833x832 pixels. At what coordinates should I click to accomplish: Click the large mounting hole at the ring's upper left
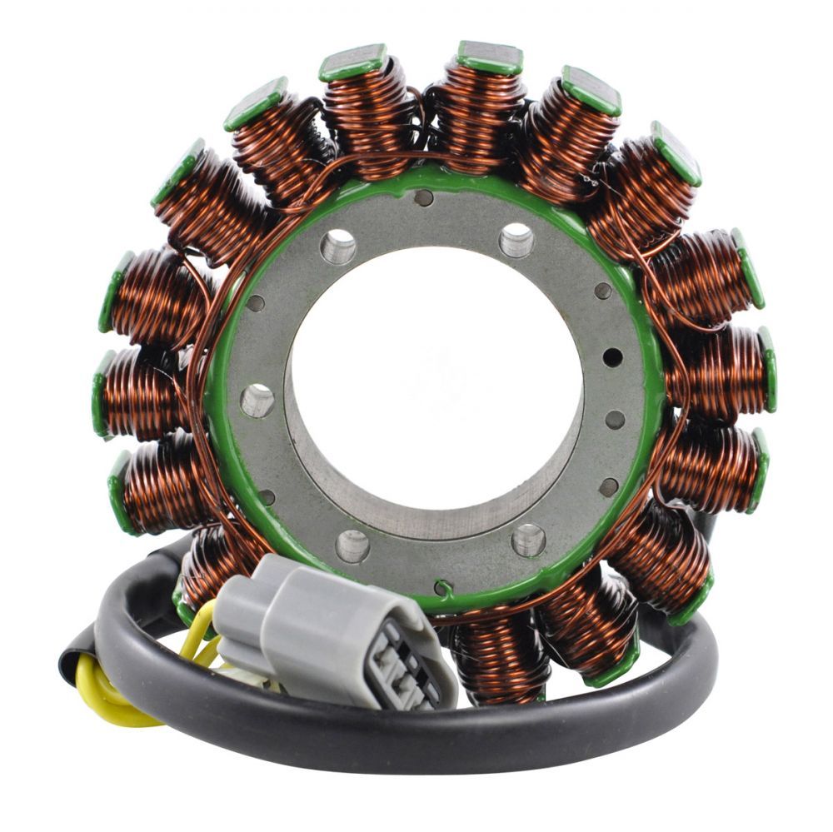tap(338, 247)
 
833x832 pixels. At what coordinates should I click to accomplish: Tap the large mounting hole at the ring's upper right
tap(516, 241)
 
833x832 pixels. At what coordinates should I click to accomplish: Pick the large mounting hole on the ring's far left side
tap(257, 401)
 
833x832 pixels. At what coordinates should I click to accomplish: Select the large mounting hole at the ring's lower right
tap(528, 540)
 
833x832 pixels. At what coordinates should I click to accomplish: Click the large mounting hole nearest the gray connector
tap(352, 546)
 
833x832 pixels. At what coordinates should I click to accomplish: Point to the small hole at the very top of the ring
tap(423, 197)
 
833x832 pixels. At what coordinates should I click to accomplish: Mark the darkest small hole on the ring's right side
tap(612, 357)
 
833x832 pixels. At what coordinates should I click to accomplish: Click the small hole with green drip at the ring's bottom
tap(442, 587)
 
